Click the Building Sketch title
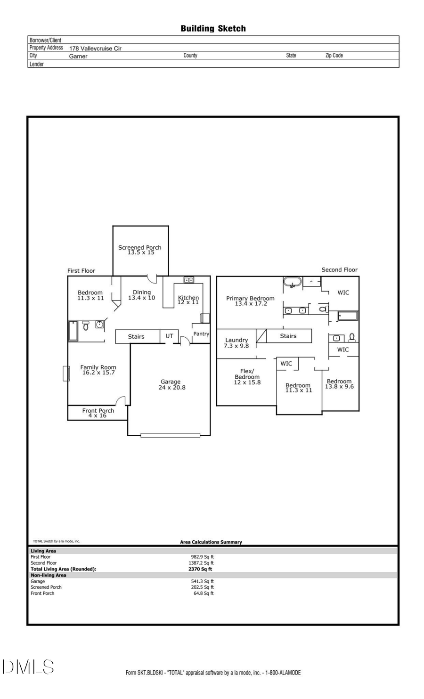tap(213, 29)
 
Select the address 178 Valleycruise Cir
tap(95, 49)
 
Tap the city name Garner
tap(78, 56)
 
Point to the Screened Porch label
tap(140, 250)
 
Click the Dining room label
tap(141, 295)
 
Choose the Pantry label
tap(201, 333)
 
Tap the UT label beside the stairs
tap(169, 336)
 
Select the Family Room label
tap(98, 370)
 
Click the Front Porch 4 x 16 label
tap(98, 413)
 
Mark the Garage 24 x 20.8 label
tap(171, 384)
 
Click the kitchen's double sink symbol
tap(188, 280)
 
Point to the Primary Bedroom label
tap(250, 301)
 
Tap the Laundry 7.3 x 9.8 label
tap(236, 342)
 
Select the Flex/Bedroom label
tap(247, 376)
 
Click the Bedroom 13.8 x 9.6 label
tap(339, 384)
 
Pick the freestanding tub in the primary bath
tap(292, 283)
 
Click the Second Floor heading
tap(339, 270)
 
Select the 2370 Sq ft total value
tap(200, 569)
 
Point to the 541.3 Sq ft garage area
tap(202, 581)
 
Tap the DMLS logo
tap(28, 666)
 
